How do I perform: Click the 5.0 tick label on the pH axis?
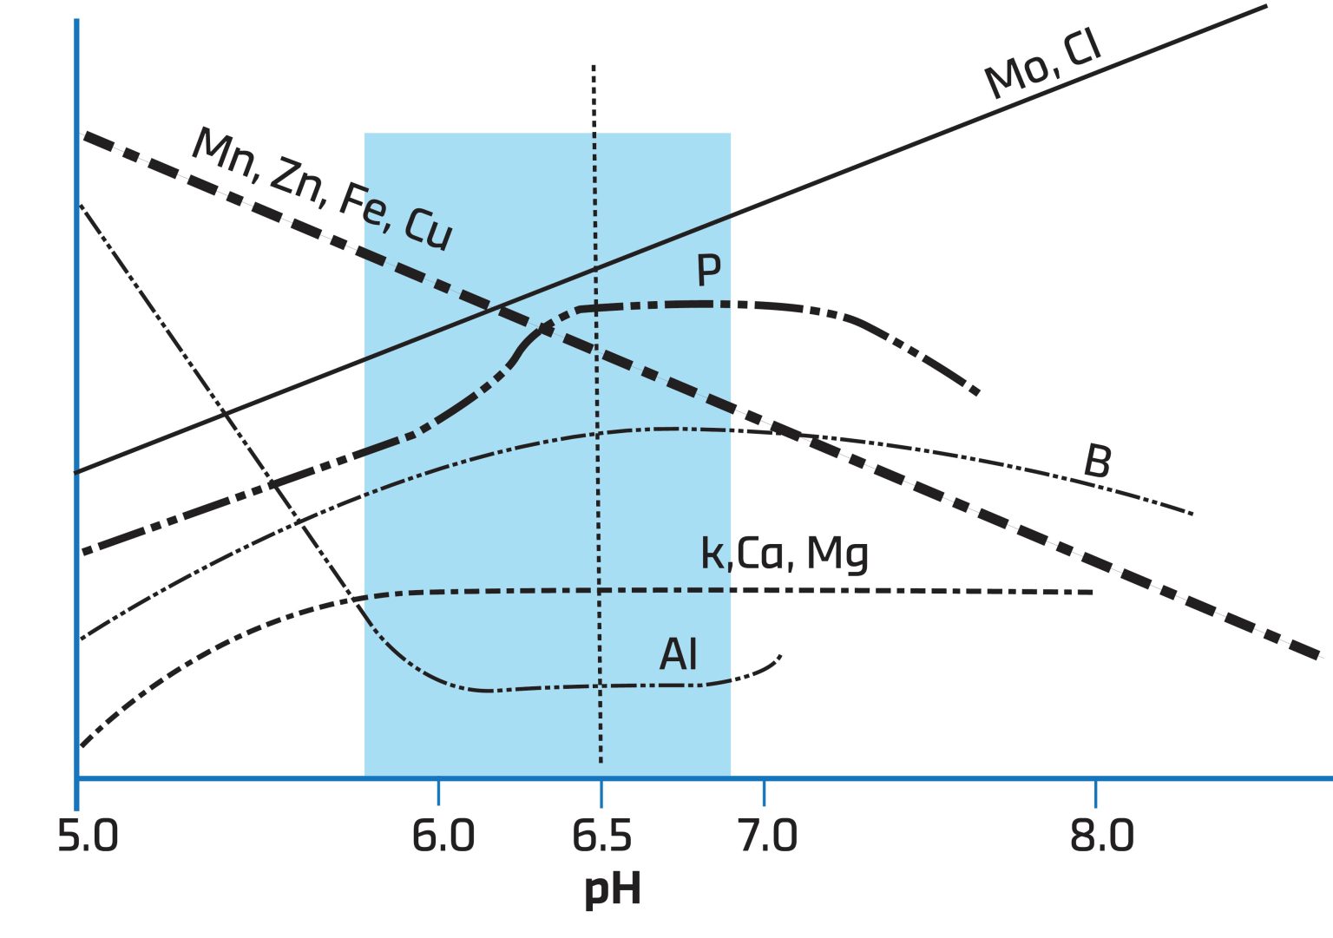click(x=87, y=836)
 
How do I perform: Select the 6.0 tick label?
click(x=443, y=836)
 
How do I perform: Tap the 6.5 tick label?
click(x=601, y=836)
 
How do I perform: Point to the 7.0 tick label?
click(x=767, y=836)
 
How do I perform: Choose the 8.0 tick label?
click(x=1101, y=836)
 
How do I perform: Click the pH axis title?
click(x=612, y=889)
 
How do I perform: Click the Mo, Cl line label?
click(x=1043, y=64)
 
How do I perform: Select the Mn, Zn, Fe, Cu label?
click(x=322, y=188)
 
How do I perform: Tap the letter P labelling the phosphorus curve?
click(x=709, y=271)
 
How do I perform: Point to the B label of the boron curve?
click(x=1097, y=462)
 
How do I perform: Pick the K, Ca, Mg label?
click(x=785, y=554)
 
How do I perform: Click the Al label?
click(x=678, y=654)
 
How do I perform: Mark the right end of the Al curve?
click(x=781, y=656)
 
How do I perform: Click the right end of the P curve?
click(x=979, y=393)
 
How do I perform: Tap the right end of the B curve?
click(x=1192, y=514)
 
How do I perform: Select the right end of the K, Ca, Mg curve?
click(x=1092, y=592)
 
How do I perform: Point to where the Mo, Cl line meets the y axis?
click(x=77, y=473)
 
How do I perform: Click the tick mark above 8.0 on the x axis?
click(x=1096, y=791)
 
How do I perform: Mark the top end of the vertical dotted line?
click(x=594, y=66)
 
